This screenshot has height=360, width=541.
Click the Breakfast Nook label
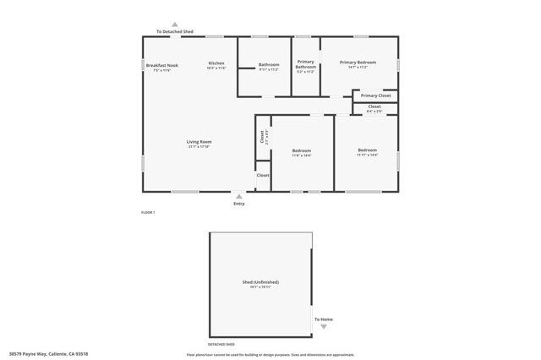click(161, 65)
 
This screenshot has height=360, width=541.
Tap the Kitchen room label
click(216, 63)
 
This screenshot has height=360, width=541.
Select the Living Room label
click(199, 142)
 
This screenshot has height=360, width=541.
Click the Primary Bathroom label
click(305, 64)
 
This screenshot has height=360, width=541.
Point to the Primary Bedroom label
click(358, 63)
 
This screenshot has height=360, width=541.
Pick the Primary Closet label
click(375, 95)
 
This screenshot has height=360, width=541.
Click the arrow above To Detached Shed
click(175, 25)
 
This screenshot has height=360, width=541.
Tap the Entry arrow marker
click(238, 197)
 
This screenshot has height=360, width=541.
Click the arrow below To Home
click(323, 326)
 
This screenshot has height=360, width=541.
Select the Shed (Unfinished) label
click(260, 282)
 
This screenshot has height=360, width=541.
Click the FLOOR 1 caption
click(148, 212)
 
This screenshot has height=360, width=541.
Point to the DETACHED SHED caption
click(221, 344)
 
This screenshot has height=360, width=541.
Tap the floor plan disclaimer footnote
click(270, 354)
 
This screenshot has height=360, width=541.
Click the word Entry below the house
click(238, 204)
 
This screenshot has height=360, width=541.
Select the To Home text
click(324, 319)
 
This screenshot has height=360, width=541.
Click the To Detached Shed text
click(175, 32)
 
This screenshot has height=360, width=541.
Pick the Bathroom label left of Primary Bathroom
click(269, 65)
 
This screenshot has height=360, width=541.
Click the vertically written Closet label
click(262, 137)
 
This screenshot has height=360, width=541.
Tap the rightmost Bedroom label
click(367, 150)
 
